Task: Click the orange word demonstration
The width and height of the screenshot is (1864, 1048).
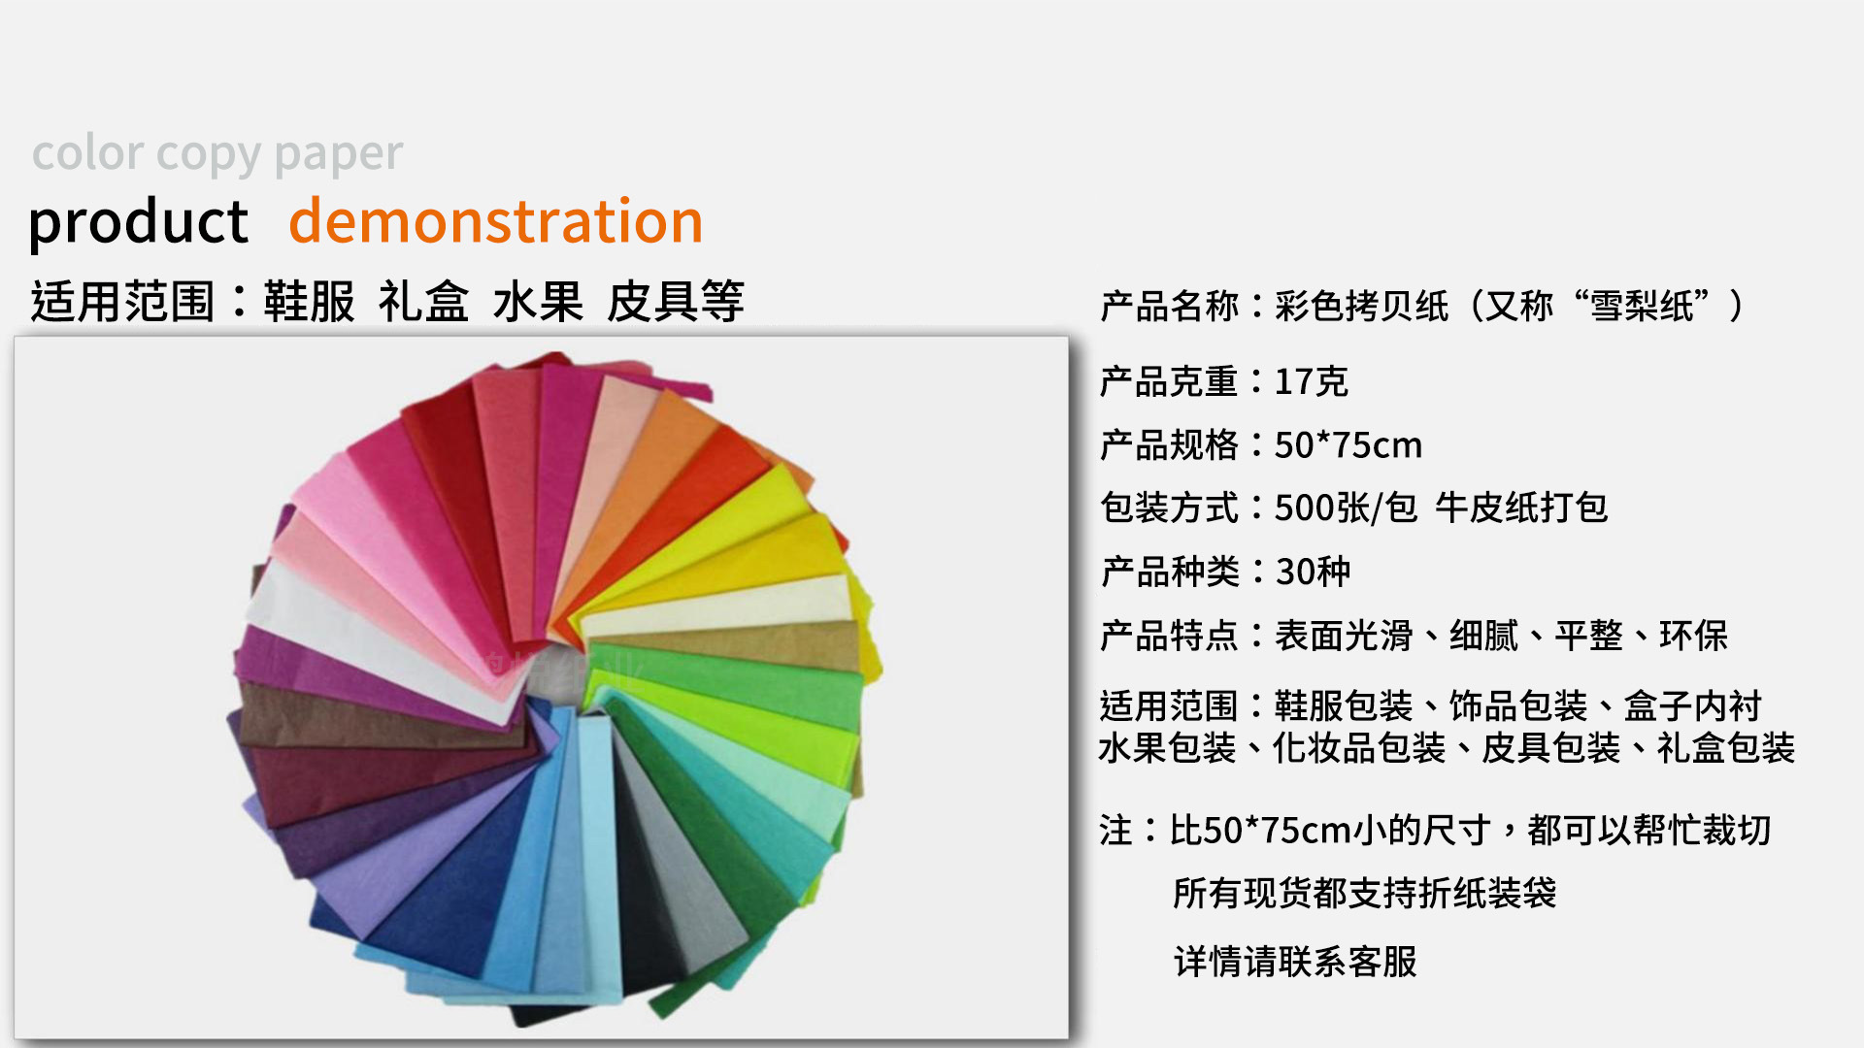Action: point(496,220)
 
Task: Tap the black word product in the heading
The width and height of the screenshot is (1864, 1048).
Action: point(138,222)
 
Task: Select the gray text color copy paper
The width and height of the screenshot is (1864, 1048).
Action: point(217,153)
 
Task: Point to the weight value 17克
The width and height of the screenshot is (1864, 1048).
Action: point(1311,381)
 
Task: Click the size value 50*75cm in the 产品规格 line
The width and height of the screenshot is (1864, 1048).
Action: point(1348,444)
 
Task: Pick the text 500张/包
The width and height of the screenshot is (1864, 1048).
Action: point(1346,508)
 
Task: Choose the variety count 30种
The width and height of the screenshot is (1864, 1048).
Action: point(1313,572)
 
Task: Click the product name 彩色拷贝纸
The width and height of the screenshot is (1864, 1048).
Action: point(1361,306)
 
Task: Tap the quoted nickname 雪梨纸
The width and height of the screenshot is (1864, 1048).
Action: point(1642,306)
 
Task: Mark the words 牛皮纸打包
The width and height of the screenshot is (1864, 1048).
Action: point(1521,508)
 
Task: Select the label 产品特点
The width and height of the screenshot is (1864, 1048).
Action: point(1169,636)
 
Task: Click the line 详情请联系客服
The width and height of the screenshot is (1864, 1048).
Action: point(1295,962)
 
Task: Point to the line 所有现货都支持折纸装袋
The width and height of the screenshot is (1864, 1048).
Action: point(1365,893)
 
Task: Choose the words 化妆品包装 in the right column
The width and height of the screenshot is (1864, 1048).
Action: point(1359,748)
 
